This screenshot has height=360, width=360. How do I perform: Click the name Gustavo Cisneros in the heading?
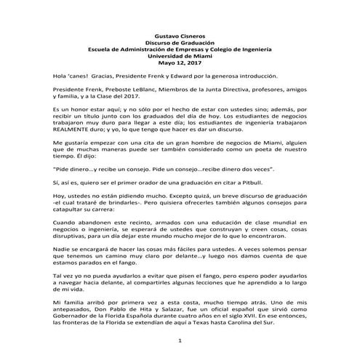(179, 36)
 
